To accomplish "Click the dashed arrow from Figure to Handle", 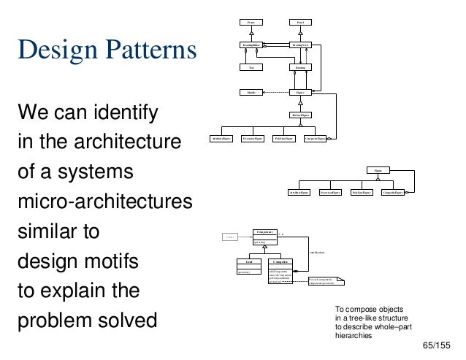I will coord(276,93).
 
